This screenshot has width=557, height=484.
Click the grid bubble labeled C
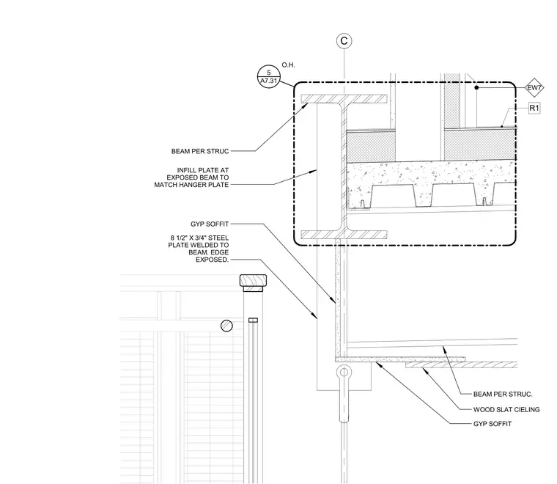click(x=344, y=41)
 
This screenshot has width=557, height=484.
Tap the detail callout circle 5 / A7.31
click(x=268, y=77)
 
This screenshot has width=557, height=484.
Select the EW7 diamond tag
click(x=534, y=87)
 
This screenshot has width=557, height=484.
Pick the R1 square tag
click(x=534, y=108)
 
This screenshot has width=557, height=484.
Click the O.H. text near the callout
click(x=289, y=65)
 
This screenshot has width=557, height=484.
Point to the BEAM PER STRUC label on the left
click(x=200, y=151)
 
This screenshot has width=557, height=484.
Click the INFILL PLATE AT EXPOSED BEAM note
click(x=191, y=177)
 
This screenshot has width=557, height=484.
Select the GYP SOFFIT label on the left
click(x=210, y=224)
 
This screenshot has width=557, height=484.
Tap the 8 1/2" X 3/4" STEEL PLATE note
click(x=199, y=249)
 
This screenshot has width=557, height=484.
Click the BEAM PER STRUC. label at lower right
click(x=503, y=394)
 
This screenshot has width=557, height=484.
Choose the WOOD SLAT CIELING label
click(x=506, y=410)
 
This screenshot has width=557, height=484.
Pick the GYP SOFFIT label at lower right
click(x=493, y=424)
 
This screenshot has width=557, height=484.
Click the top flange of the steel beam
click(x=344, y=99)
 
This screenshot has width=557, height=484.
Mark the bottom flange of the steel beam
click(x=344, y=235)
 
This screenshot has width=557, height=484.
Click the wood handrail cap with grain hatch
click(x=253, y=281)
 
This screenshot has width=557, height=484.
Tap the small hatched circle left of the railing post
click(x=226, y=326)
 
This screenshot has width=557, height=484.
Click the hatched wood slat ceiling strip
click(x=462, y=365)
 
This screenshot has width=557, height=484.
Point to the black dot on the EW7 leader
click(x=476, y=87)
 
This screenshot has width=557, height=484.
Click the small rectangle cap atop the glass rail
click(x=253, y=320)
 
